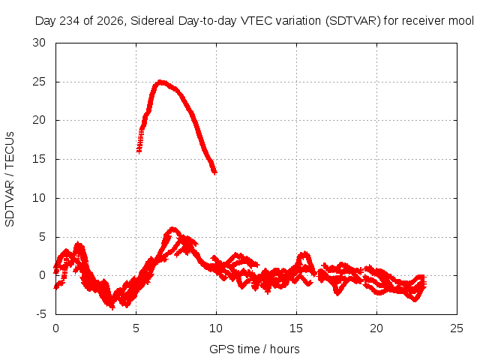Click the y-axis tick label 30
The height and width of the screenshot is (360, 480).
pyautogui.click(x=39, y=43)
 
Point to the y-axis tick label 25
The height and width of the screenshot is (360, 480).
pyautogui.click(x=39, y=82)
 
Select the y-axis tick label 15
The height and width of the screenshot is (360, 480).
pyautogui.click(x=39, y=159)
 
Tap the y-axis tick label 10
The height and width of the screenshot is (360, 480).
pyautogui.click(x=39, y=198)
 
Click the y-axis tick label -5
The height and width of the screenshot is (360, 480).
pyautogui.click(x=40, y=314)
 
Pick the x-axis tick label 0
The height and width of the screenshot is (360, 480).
pyautogui.click(x=55, y=328)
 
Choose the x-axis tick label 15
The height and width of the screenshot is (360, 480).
pyautogui.click(x=296, y=328)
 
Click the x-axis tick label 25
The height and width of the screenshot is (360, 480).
pyautogui.click(x=457, y=328)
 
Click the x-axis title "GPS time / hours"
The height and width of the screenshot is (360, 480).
pyautogui.click(x=254, y=349)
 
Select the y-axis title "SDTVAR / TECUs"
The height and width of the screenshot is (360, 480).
pyautogui.click(x=10, y=179)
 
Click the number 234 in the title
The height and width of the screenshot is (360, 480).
pyautogui.click(x=69, y=21)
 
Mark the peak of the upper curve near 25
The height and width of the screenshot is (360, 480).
pyautogui.click(x=160, y=82)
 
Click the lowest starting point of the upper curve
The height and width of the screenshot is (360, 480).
pyautogui.click(x=139, y=151)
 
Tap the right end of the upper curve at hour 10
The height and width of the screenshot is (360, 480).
pyautogui.click(x=215, y=172)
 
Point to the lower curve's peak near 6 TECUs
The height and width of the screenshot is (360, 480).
pyautogui.click(x=173, y=229)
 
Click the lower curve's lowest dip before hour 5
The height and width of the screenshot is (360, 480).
pyautogui.click(x=112, y=307)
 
